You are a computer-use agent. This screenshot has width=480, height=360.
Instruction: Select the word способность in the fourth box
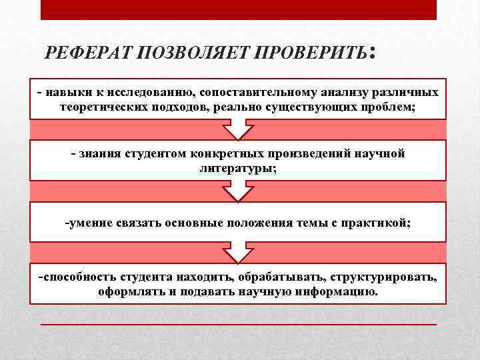[78, 277]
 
